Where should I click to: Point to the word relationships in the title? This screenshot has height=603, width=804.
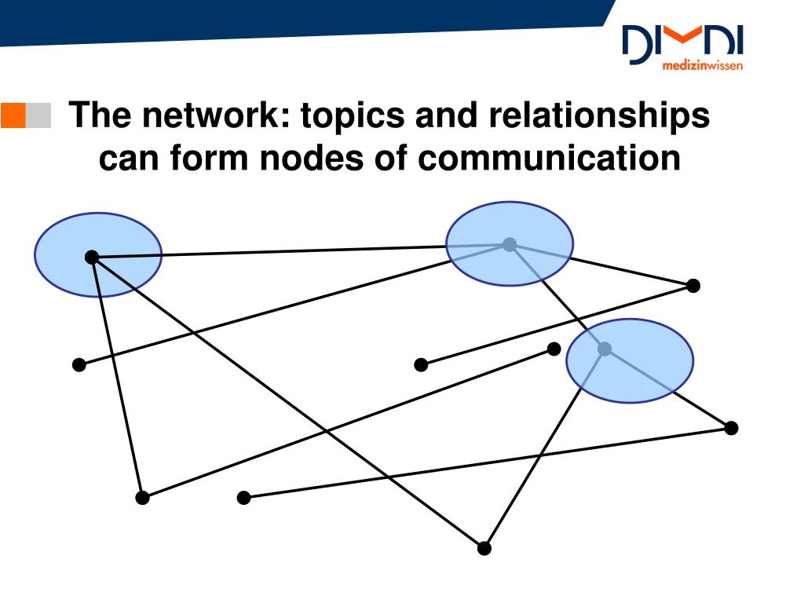(x=599, y=116)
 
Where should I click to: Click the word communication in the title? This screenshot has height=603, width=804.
(x=549, y=159)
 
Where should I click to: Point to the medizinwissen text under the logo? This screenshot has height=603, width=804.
(x=702, y=68)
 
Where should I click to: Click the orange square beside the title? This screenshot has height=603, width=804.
(x=13, y=115)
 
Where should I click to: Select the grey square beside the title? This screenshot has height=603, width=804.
(x=38, y=115)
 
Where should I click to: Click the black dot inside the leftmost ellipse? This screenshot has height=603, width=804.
(x=92, y=257)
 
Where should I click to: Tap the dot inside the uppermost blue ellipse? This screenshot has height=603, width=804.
(x=510, y=244)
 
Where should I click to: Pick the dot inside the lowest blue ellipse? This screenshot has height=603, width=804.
(x=605, y=349)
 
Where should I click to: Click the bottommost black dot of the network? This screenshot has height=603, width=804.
(x=484, y=548)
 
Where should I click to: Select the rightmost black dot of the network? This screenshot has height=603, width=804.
(x=731, y=428)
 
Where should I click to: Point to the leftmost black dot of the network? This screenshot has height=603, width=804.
(x=79, y=364)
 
